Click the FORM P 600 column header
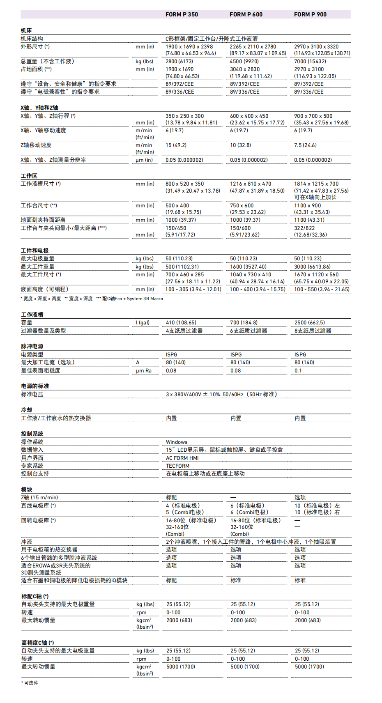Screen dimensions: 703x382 pos(246,14)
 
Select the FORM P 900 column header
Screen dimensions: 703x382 pos(310,14)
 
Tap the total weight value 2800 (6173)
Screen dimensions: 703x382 pos(179,61)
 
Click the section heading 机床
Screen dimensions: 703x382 pos(26,30)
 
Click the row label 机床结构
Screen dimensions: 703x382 pos(32,39)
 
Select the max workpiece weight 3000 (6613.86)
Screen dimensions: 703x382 pos(312,266)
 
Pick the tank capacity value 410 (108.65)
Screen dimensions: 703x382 pos(181,322)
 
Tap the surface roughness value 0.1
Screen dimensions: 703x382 pos(298,370)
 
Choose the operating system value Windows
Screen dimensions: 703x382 pos(177,442)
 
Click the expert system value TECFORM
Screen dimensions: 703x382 pos(177,466)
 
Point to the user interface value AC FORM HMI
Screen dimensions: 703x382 pos(182,458)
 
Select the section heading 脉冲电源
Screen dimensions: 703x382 pos(32,346)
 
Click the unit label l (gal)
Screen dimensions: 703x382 pos(143,322)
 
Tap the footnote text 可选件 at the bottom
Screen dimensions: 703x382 pos(31,682)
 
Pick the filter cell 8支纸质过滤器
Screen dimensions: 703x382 pos(313,331)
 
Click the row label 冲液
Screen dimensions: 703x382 pos(27,542)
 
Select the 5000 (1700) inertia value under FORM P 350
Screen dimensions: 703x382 pos(181,666)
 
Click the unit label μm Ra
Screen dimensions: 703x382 pos(144,370)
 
